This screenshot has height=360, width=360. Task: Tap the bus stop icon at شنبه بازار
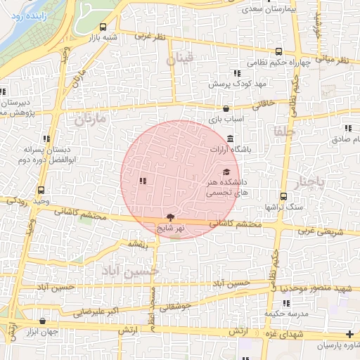[x=104, y=27]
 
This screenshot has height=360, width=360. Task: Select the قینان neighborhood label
[x=179, y=61]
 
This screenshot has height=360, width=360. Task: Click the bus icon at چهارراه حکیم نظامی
[x=279, y=51]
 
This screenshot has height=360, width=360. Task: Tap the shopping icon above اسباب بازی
[x=225, y=109]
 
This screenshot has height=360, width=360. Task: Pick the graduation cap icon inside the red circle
[x=226, y=172]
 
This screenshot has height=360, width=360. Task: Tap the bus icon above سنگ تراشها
[x=283, y=196]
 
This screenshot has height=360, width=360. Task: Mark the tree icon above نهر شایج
[x=169, y=217]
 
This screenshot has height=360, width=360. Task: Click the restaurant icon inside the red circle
[x=143, y=181]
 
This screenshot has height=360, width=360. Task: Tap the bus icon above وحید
[x=41, y=190]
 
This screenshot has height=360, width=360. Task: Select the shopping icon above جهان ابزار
[x=44, y=321]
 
